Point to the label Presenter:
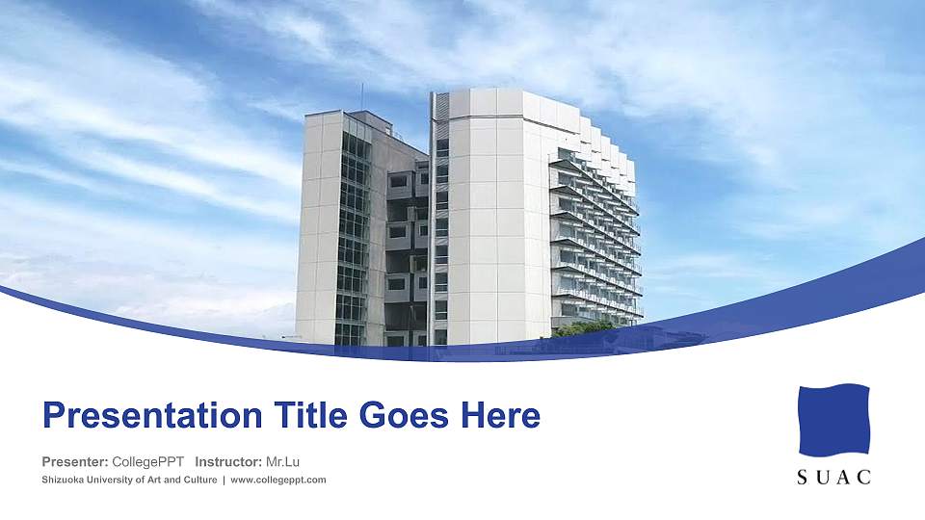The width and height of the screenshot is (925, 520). click(x=75, y=462)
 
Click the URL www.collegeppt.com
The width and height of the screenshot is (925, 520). click(x=278, y=480)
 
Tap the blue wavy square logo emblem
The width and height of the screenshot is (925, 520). click(x=834, y=420)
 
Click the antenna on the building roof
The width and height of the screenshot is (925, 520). click(x=362, y=96)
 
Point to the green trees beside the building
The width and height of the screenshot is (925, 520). click(x=583, y=327)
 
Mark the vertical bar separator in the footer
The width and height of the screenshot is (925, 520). click(x=224, y=480)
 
